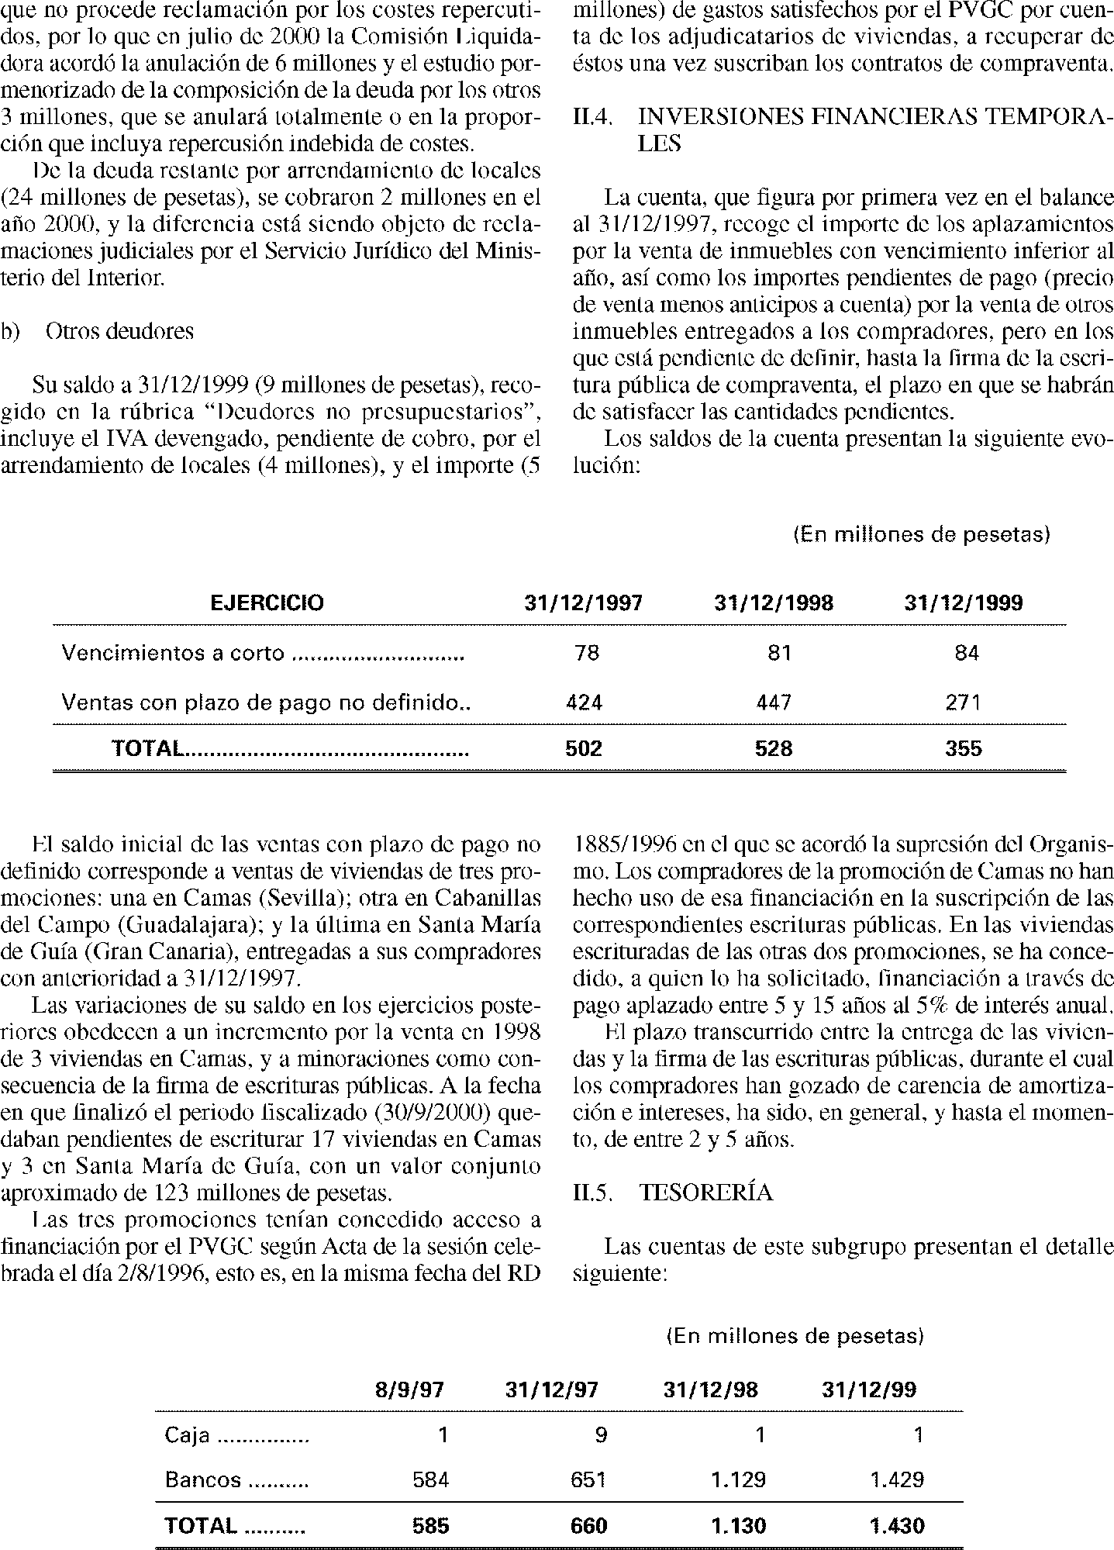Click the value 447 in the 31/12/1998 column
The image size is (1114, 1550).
point(774,703)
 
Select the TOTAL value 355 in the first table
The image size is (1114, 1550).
point(964,748)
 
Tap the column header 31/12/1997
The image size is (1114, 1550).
point(584,603)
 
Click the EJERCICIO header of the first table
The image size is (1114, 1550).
point(267,603)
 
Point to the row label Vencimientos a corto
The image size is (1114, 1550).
point(173,654)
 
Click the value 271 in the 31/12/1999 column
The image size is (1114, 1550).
point(964,703)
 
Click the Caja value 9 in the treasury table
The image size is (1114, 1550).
point(601,1435)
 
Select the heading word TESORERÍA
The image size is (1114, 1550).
point(706,1193)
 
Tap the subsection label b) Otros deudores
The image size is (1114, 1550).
point(98,331)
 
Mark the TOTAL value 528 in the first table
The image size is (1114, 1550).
point(774,748)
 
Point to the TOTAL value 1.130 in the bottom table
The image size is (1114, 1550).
point(739,1526)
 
